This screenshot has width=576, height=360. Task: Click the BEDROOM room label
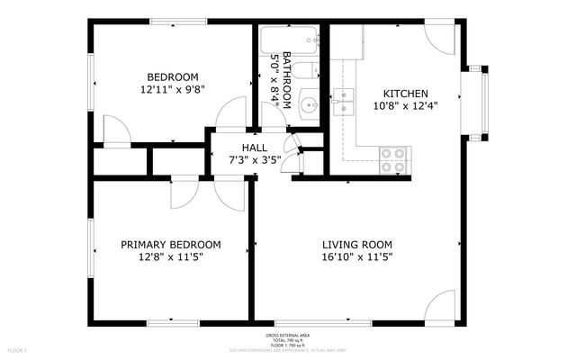173,77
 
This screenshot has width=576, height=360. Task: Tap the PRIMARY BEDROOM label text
171,244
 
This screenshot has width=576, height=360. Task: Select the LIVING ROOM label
357,244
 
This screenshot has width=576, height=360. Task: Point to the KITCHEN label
405,94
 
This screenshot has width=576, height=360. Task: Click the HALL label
254,148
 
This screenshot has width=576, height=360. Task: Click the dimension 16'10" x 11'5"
357,256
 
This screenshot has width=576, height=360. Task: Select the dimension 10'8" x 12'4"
405,106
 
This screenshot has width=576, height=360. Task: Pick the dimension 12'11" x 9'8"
173,90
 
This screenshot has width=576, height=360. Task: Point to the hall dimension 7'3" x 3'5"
255,160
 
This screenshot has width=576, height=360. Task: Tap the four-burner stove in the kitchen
393,159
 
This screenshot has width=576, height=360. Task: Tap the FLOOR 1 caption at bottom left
18,349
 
